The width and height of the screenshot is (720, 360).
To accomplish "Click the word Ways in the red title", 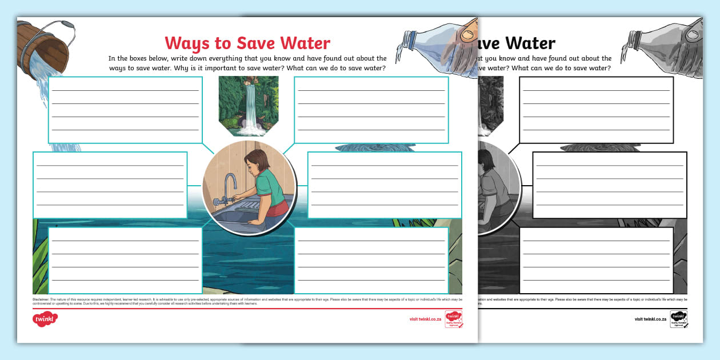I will pyautogui.click(x=185, y=43).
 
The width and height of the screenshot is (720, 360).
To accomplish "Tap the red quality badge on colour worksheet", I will pyautogui.click(x=454, y=319).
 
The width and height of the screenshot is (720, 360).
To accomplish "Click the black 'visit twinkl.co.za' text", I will pyautogui.click(x=650, y=319).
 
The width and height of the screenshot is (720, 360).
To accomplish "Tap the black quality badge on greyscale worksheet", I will pyautogui.click(x=678, y=319).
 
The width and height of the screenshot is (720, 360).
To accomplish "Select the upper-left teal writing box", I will pyautogui.click(x=126, y=110).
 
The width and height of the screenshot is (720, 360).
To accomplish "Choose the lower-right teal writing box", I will pyautogui.click(x=371, y=260).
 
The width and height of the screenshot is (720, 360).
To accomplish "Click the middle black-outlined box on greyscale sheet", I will pyautogui.click(x=609, y=185).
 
